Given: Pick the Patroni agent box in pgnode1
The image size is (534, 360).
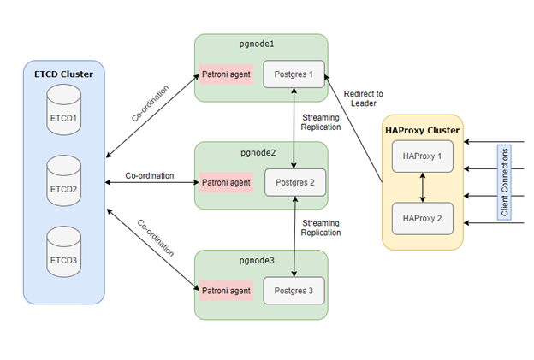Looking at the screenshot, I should tap(226, 74).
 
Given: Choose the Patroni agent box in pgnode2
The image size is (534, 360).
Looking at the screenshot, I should tap(226, 182).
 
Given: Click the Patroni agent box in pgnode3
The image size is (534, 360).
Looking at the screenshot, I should tap(226, 291).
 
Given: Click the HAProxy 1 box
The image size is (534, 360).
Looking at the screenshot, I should tap(422, 156).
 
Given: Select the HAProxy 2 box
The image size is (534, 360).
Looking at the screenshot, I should tap(422, 218).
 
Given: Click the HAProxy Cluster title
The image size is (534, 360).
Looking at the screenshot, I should tap(423, 130).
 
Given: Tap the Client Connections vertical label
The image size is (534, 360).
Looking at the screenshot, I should tap(505, 181).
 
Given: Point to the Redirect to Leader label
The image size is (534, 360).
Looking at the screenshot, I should tap(363, 98).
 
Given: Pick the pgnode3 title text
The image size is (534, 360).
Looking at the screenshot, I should tap(260, 259).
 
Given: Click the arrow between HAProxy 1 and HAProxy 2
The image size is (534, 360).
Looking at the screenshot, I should tap(422, 187).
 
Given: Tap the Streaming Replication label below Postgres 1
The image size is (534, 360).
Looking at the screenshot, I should tap(321, 122).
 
